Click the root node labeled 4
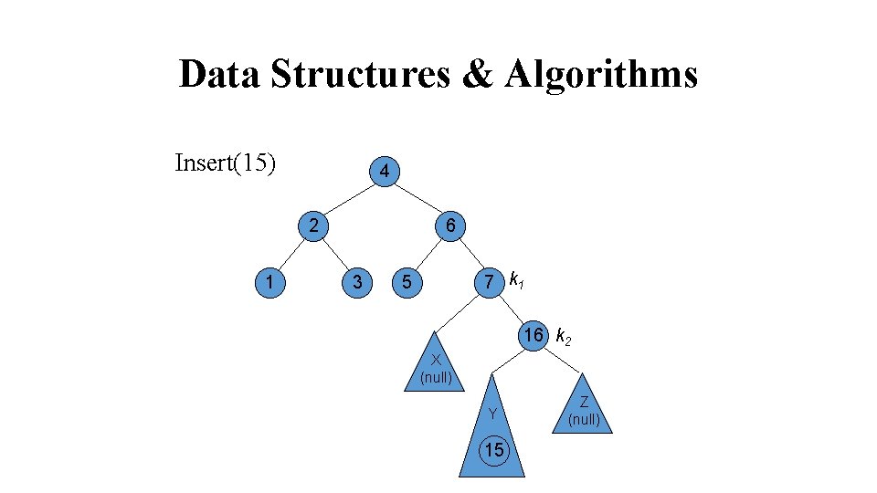(x=385, y=171)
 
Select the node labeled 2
(x=312, y=226)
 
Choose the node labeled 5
(x=407, y=282)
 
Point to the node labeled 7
(x=491, y=282)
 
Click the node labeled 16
(x=534, y=335)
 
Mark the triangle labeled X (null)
(x=437, y=367)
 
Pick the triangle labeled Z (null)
(x=584, y=409)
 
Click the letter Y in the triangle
(x=492, y=414)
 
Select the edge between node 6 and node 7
(x=470, y=254)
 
